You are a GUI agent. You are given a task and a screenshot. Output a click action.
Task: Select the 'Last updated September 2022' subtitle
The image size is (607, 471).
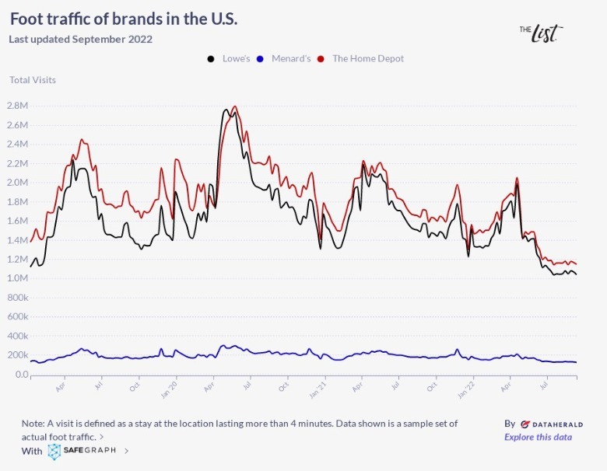pos(81,39)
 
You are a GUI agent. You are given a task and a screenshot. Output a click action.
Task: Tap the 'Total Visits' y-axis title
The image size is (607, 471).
pos(33,79)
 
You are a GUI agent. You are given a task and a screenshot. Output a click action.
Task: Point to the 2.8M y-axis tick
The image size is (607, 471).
pos(17,106)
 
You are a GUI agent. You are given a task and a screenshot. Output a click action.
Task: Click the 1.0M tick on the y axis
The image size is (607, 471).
pos(17,278)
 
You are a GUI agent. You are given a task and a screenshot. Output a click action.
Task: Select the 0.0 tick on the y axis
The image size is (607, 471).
pos(21,375)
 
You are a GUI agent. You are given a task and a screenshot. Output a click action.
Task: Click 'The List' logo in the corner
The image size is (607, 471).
pos(541,33)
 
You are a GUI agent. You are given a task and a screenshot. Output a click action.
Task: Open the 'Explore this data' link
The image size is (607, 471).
pos(538,437)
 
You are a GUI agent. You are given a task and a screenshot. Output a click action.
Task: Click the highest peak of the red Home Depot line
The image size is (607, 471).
pos(234,106)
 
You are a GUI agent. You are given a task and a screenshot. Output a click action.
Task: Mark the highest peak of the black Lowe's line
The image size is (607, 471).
pos(226,110)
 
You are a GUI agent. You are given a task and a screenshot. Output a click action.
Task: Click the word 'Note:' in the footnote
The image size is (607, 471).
pos(33,424)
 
